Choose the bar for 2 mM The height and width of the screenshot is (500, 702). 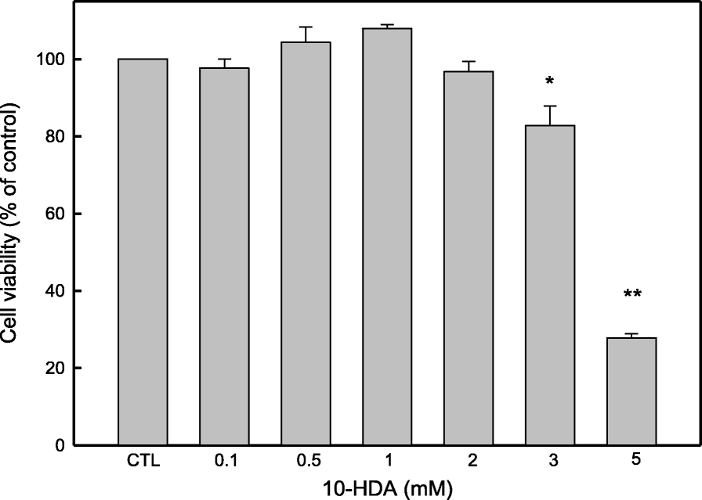[x=469, y=258]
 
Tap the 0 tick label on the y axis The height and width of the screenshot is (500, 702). [x=60, y=445]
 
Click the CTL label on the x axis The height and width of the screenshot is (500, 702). [x=143, y=462]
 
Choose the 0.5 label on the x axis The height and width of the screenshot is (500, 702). [x=306, y=462]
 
